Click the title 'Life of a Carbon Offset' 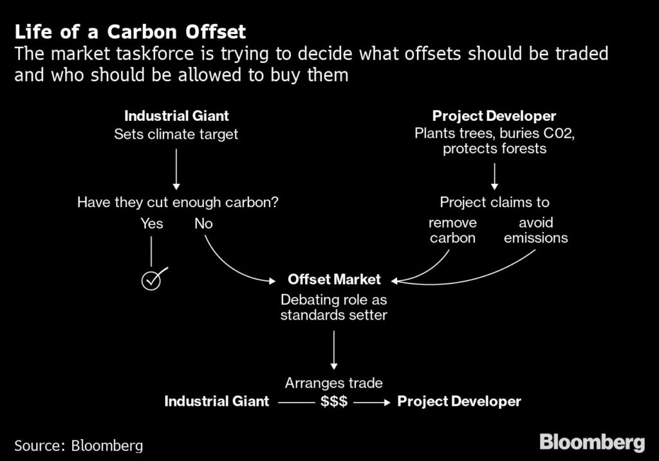pos(129,32)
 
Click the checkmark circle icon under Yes pos(151,280)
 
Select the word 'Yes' pos(152,224)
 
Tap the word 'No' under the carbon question pos(203,224)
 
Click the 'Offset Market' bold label pos(334,280)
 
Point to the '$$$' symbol pos(334,402)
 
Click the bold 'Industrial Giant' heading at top pos(176,116)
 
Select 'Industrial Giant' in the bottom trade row pos(216,402)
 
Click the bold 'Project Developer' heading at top pos(494,116)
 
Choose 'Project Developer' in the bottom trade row pos(459,402)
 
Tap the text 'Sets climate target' pos(176,134)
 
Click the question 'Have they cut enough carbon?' pos(178,203)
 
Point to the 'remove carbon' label pos(453,230)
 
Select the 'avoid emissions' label pos(535,230)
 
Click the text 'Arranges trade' pos(334,383)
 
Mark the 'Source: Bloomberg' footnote pos(79,445)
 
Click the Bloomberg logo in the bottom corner pos(591,442)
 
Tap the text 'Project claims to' pos(494,203)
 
